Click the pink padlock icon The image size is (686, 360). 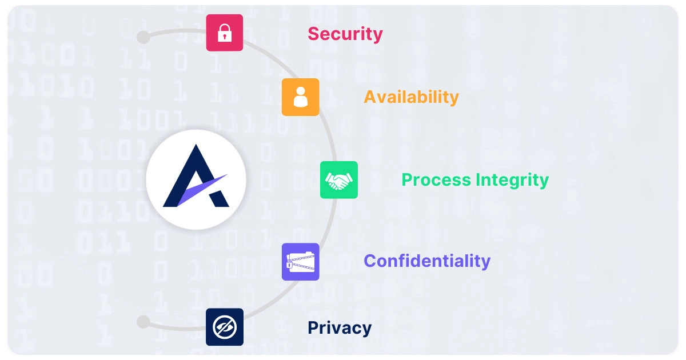pyautogui.click(x=225, y=33)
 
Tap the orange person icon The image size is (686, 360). pyautogui.click(x=300, y=97)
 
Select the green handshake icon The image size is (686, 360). pyautogui.click(x=339, y=180)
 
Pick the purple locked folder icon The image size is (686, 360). pyautogui.click(x=300, y=262)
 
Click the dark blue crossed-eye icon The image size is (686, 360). pyautogui.click(x=225, y=327)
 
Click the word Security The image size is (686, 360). pyautogui.click(x=345, y=34)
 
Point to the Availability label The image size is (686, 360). pyautogui.click(x=411, y=97)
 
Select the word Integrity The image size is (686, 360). pyautogui.click(x=512, y=180)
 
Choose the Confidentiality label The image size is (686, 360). pyautogui.click(x=427, y=261)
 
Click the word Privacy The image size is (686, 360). pyautogui.click(x=340, y=328)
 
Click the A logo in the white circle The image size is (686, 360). pyautogui.click(x=196, y=179)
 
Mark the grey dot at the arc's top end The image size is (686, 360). pyautogui.click(x=143, y=38)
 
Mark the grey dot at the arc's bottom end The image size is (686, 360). pyautogui.click(x=143, y=322)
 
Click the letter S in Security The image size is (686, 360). pyautogui.click(x=314, y=34)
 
